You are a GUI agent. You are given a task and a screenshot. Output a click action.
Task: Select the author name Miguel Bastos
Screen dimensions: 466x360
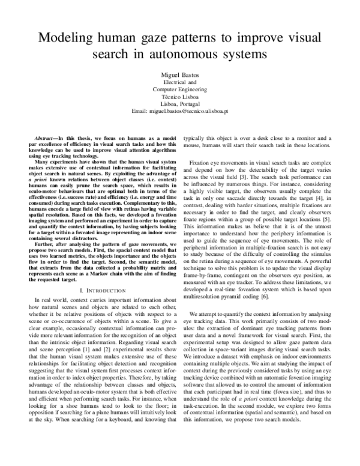180,74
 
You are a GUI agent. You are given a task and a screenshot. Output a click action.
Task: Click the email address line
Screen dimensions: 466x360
180,112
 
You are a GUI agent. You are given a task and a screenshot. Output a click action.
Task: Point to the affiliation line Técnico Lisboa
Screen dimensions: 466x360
180,97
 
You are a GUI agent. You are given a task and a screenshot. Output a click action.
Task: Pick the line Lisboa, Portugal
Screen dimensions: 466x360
180,104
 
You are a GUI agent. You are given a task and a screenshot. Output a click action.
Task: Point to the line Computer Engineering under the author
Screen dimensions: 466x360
180,89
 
